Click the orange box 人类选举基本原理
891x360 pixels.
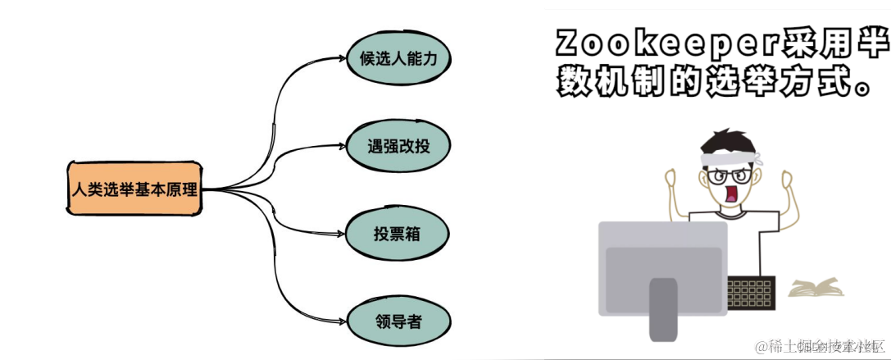pos(134,189)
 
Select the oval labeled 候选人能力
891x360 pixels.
pos(398,59)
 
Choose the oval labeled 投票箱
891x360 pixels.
pos(398,235)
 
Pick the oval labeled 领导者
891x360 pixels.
pos(398,321)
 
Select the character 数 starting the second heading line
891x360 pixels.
pos(572,81)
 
